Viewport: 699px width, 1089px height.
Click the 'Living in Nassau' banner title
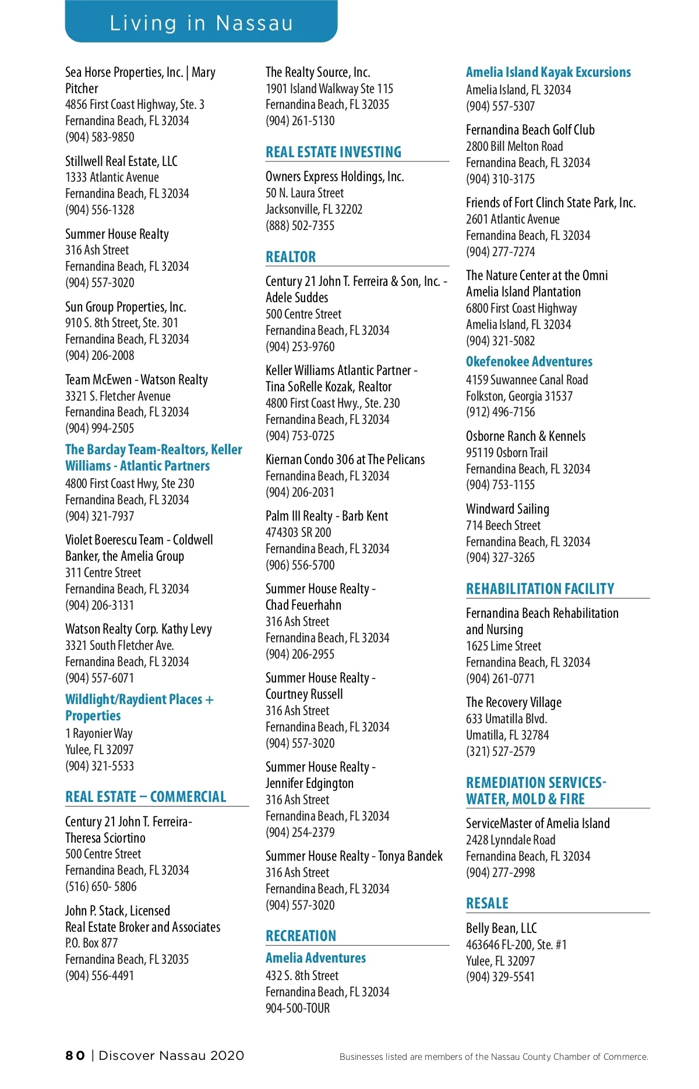[x=201, y=23]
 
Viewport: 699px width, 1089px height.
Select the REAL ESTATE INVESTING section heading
[x=333, y=152]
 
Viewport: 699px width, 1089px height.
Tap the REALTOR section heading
[x=291, y=257]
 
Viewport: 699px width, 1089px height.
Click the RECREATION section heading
[x=301, y=936]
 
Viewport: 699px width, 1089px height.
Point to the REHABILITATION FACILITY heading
[x=540, y=589]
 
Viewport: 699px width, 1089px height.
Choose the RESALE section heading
[x=487, y=903]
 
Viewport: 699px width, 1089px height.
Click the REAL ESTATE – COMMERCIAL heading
[x=146, y=797]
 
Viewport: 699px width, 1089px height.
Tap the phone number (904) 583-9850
[x=100, y=137]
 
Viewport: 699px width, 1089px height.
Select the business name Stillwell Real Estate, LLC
[x=121, y=161]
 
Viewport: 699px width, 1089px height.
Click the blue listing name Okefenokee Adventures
[x=529, y=362]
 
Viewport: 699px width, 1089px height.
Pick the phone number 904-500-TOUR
[x=298, y=1008]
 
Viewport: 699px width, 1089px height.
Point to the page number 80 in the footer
[x=75, y=1056]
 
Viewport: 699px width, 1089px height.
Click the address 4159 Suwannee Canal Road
[x=527, y=380]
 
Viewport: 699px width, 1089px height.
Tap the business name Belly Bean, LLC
[x=501, y=928]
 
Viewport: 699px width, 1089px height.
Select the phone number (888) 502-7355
[x=300, y=225]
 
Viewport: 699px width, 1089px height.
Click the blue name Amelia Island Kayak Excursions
[x=548, y=72]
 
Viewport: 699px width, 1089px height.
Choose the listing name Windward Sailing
[x=507, y=509]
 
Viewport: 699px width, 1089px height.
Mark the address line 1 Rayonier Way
[x=99, y=733]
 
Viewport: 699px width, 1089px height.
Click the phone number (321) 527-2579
[x=500, y=751]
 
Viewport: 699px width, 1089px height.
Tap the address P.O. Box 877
[x=91, y=943]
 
